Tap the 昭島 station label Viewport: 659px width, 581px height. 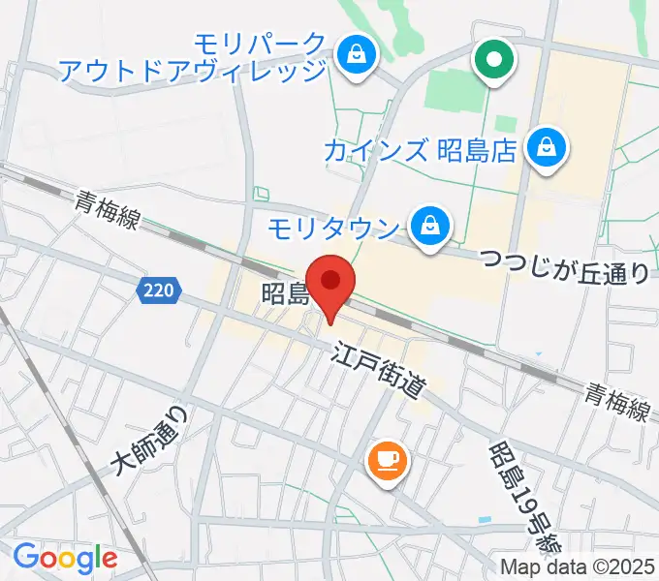pos(284,293)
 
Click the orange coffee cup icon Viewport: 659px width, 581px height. pos(388,459)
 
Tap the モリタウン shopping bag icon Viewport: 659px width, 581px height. pos(426,228)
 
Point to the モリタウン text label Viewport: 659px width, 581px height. pos(332,229)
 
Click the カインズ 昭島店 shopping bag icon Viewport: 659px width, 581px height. pos(546,149)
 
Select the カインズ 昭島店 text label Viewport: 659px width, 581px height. pos(417,150)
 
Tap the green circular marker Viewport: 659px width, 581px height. pos(494,59)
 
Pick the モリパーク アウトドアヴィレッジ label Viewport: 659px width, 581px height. pos(194,57)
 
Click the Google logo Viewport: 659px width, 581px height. pos(65,558)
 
